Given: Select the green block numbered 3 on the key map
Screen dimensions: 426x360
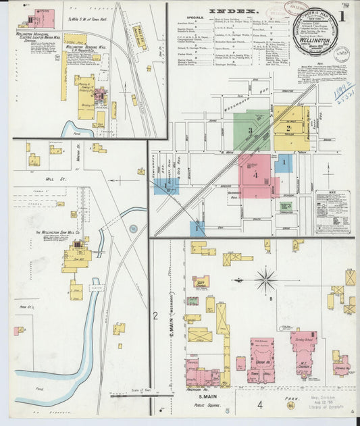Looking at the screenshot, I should click(251, 130).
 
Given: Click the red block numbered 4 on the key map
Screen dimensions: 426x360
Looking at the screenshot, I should click(255, 175).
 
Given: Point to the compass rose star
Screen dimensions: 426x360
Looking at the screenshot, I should click(266, 279).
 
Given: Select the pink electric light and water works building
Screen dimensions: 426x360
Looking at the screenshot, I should click(43, 18).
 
